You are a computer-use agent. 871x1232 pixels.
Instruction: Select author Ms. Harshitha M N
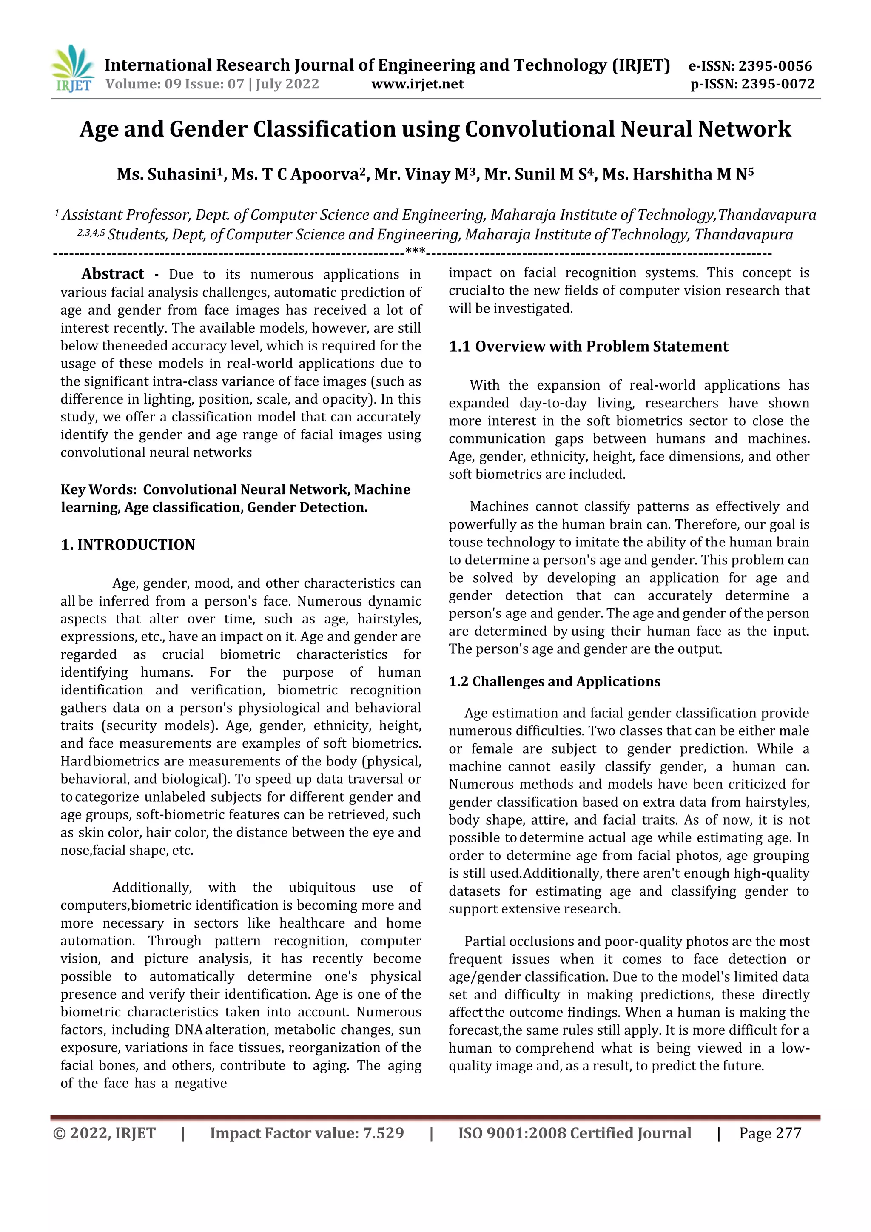click(x=677, y=174)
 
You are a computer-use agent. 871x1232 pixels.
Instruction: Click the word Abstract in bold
click(x=113, y=274)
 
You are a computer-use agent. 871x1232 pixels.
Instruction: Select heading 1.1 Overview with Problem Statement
click(x=588, y=347)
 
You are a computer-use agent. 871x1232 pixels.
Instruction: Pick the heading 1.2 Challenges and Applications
click(x=555, y=681)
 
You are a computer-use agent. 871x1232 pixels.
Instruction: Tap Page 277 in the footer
click(x=770, y=1133)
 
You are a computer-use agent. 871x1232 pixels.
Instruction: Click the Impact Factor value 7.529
click(x=383, y=1133)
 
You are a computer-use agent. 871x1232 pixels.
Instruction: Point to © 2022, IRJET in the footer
click(x=104, y=1133)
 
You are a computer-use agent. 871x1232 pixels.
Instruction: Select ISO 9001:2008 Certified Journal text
click(x=574, y=1133)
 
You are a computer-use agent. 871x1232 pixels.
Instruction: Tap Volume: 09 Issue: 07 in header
click(x=174, y=84)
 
